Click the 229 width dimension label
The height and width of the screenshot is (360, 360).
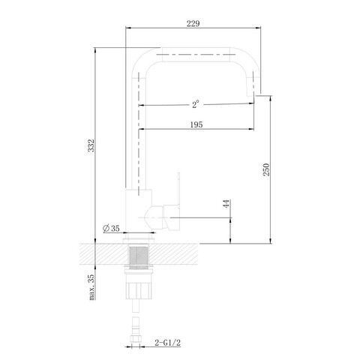pos(193,23)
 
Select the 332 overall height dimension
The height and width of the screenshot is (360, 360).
pos(91,145)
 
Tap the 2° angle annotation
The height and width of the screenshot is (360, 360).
pos(196,104)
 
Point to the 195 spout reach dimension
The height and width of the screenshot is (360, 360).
pos(196,124)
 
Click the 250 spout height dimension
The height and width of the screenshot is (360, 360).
pos(266,169)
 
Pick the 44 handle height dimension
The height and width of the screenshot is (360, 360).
pos(226,204)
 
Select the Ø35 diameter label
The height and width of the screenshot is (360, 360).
pos(111,228)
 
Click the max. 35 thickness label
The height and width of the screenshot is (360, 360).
pos(91,287)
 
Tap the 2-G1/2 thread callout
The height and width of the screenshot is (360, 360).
pos(167,343)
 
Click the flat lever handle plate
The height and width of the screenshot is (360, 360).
pos(178,190)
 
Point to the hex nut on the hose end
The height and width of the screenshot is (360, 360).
pos(136,339)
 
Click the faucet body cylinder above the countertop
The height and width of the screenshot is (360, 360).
pos(139,211)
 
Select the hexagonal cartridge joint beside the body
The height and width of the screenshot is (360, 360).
pos(154,217)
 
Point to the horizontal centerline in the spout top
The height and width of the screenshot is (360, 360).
pos(196,54)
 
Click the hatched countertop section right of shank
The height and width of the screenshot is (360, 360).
pos(173,254)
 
